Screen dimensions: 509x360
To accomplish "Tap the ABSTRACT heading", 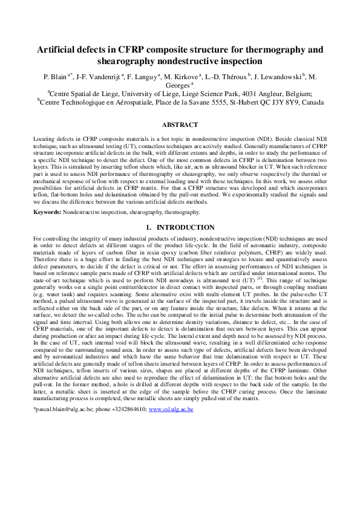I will (180, 125).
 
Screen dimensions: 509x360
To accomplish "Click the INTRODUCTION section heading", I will (185, 227).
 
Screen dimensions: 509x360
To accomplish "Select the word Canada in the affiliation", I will (309, 103).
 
